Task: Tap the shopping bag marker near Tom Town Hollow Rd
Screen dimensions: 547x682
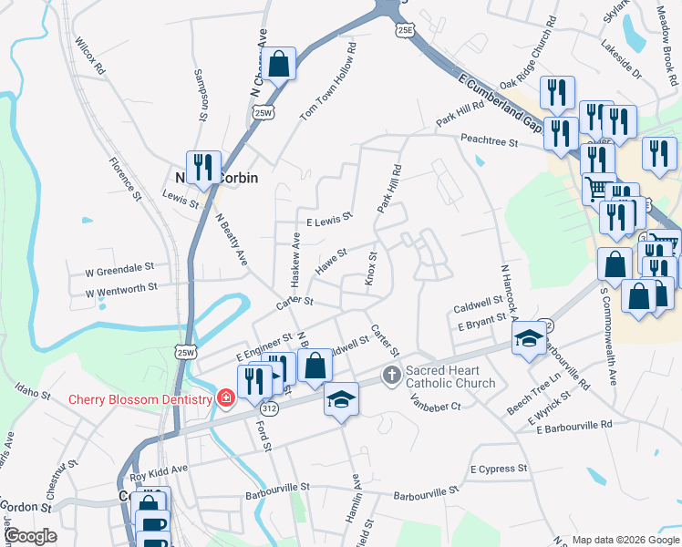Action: click(x=280, y=65)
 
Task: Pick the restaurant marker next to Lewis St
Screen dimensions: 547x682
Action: click(x=203, y=167)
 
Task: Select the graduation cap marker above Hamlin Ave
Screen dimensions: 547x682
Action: click(x=341, y=399)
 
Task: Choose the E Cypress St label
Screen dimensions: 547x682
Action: click(x=499, y=469)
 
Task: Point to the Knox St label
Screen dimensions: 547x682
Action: click(x=372, y=268)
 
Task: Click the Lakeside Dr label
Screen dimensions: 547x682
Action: click(x=621, y=58)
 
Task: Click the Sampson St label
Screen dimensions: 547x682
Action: click(x=201, y=96)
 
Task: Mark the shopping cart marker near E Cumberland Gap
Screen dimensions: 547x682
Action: click(x=598, y=189)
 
